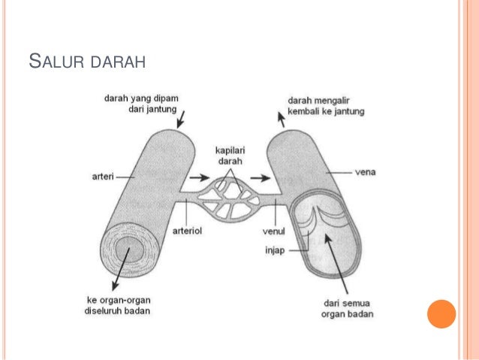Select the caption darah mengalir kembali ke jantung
click(x=327, y=106)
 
